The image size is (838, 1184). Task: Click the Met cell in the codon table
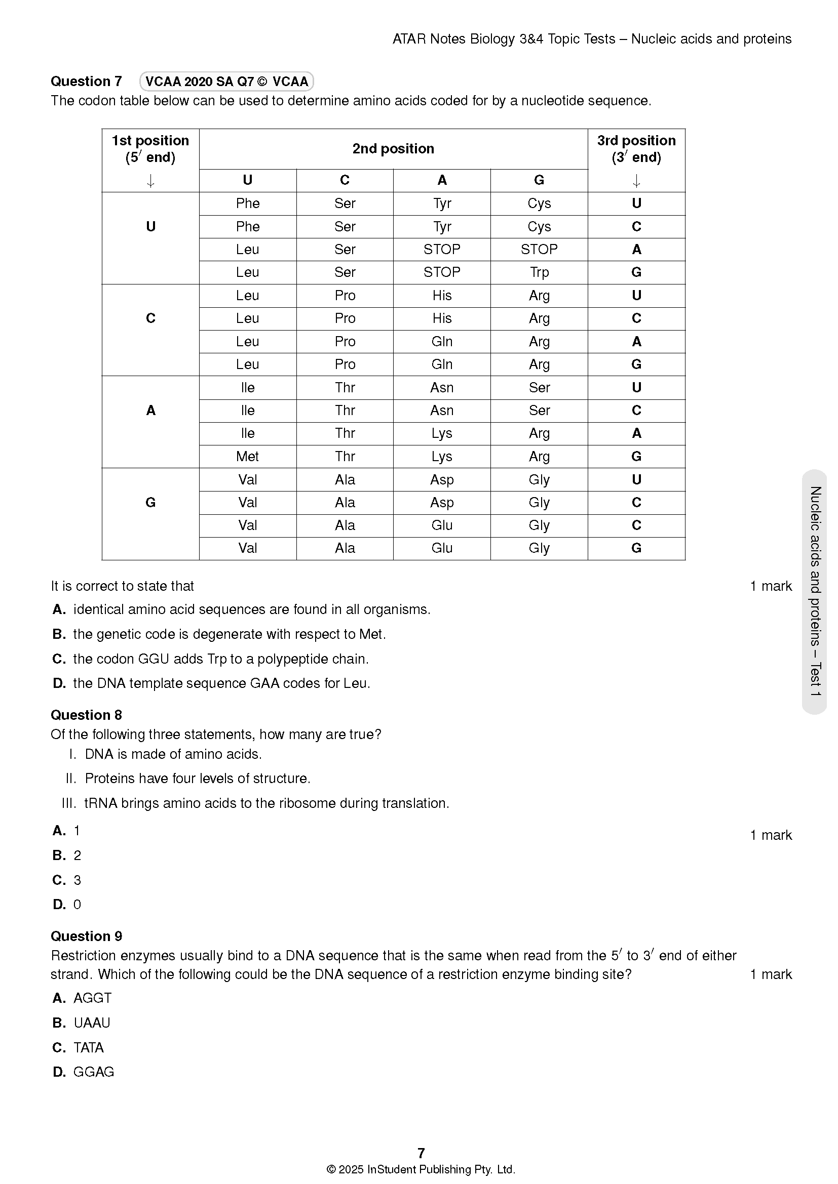[x=247, y=457]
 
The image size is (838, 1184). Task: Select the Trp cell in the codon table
[x=539, y=272]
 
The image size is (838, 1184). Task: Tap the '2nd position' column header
[x=393, y=149]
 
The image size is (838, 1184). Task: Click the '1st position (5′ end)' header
[x=150, y=149]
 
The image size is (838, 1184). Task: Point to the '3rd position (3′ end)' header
[x=636, y=149]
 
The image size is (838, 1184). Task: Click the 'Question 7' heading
[x=86, y=81]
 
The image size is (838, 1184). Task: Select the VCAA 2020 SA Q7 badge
[x=226, y=81]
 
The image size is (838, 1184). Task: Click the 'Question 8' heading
[x=86, y=715]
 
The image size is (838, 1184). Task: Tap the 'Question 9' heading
[x=86, y=936]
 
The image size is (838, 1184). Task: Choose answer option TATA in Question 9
[x=88, y=1047]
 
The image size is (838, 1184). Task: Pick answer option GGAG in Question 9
[x=93, y=1072]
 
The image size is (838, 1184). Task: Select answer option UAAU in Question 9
[x=92, y=1023]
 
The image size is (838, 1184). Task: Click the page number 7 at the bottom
[x=421, y=1153]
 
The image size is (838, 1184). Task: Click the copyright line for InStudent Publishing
[x=421, y=1169]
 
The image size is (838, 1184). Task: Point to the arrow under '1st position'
[x=150, y=181]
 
